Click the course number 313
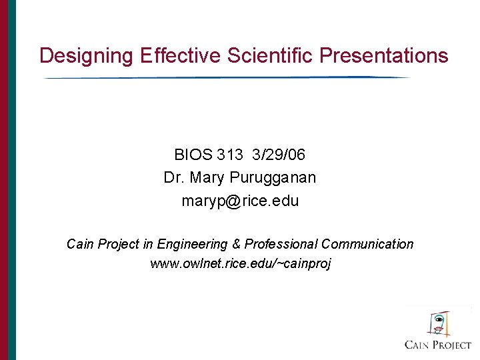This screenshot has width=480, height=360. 230,155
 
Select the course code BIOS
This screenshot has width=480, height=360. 193,155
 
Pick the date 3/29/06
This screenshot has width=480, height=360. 279,155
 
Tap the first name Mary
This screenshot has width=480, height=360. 210,178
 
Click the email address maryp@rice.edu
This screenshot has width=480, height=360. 240,201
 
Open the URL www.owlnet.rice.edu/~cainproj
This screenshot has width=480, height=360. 240,263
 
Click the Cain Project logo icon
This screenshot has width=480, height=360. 437,323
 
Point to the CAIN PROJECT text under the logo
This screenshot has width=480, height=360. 438,345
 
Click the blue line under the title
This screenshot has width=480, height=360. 227,78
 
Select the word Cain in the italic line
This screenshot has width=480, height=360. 80,245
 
